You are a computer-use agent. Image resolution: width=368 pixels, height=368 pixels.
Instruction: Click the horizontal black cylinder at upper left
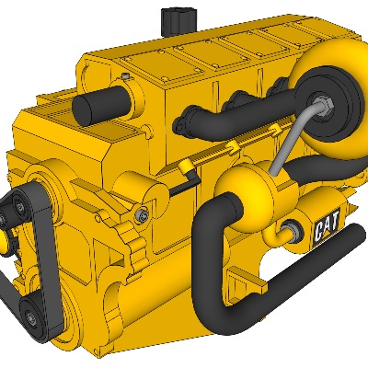pos(101,105)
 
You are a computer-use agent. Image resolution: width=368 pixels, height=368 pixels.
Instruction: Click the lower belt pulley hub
pos(30,316)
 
